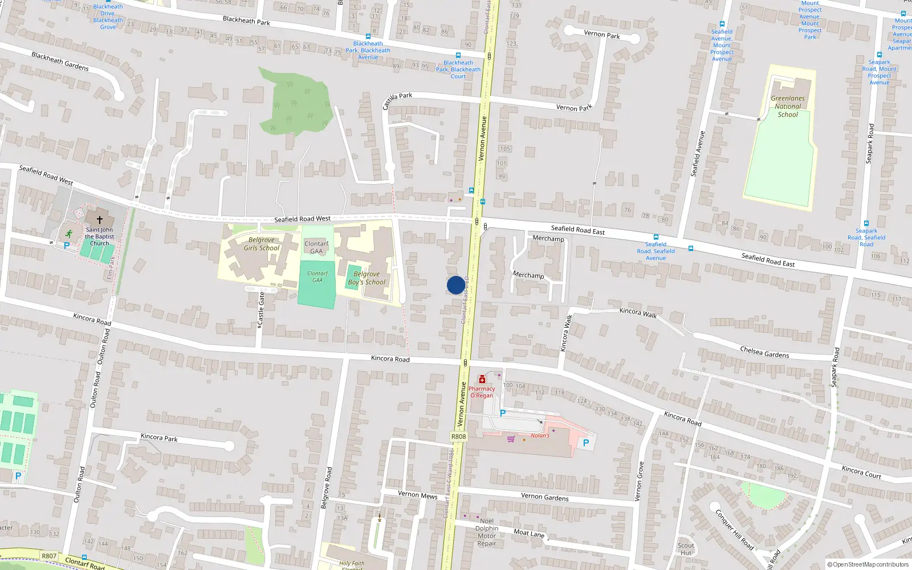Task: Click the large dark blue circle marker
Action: point(455,285)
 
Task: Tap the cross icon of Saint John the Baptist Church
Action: point(100,219)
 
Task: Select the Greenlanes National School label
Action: point(788,107)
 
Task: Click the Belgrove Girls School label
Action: point(262,244)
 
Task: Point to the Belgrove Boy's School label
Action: point(367,278)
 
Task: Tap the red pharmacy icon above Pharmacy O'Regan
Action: point(482,380)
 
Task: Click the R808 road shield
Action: point(458,437)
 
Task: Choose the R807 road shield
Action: point(49,556)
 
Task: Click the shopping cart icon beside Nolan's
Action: point(511,438)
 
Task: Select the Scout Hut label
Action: point(686,549)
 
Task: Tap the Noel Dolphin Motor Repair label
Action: point(487,532)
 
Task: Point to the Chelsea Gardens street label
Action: point(764,352)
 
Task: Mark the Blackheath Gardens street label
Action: point(60,62)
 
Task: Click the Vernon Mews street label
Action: point(417,495)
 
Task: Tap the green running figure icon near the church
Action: point(69,233)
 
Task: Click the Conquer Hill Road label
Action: point(734,530)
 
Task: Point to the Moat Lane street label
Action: point(529,534)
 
